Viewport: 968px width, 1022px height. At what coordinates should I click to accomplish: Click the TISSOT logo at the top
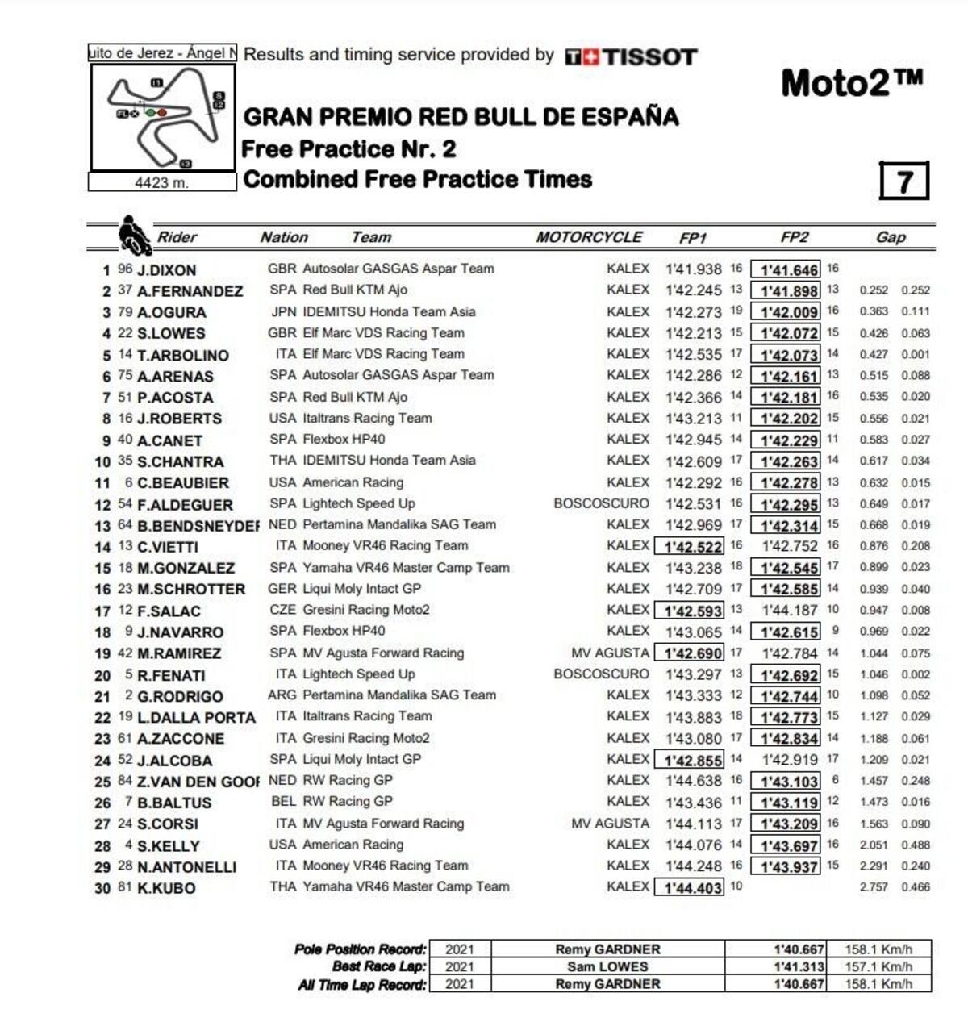click(631, 56)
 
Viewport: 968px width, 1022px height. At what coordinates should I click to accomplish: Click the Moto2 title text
click(852, 83)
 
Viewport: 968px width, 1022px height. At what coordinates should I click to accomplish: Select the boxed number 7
click(903, 180)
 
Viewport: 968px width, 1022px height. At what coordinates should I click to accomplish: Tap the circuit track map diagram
click(163, 118)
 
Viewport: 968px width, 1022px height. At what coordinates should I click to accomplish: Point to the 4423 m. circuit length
click(161, 183)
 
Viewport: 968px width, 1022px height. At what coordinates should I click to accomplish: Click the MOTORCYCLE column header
click(589, 237)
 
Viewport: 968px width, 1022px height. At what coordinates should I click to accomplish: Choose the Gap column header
click(891, 237)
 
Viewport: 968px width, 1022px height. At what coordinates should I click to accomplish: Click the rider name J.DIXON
click(166, 270)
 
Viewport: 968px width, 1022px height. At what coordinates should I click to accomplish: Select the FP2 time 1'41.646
click(789, 270)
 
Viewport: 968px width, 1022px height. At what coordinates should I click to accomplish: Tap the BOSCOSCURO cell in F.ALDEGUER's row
click(601, 503)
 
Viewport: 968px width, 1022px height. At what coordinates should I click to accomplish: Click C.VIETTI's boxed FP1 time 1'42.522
click(692, 547)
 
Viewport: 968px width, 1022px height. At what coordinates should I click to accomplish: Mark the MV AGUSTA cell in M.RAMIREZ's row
click(610, 653)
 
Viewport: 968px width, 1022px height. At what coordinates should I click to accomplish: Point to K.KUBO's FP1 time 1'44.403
click(692, 887)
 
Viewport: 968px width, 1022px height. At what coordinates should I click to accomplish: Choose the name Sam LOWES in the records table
click(607, 966)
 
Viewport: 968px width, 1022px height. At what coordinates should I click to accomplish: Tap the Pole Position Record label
click(360, 949)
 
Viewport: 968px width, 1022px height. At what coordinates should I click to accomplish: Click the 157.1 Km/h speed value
click(878, 966)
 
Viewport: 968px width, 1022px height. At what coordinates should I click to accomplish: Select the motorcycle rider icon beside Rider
click(134, 236)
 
